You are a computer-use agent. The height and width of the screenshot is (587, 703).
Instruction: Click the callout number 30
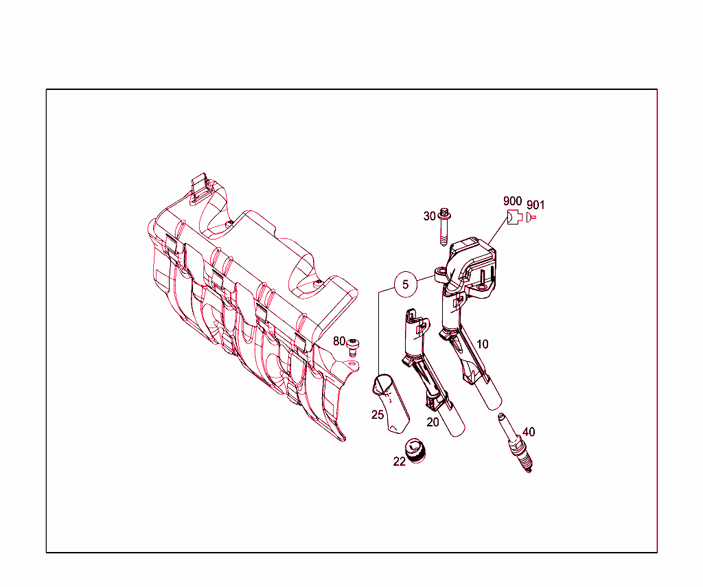click(430, 216)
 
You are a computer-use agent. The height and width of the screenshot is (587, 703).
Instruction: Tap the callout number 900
click(512, 200)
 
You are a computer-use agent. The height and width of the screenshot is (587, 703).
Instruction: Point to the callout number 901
click(535, 205)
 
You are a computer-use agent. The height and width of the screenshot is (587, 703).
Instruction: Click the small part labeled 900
click(513, 218)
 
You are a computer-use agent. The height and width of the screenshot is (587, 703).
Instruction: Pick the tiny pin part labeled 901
click(531, 218)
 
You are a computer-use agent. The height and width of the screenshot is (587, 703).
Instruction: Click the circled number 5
click(406, 284)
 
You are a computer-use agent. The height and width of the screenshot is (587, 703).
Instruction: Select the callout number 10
click(483, 344)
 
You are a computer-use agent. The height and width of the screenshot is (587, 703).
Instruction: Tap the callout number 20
click(433, 422)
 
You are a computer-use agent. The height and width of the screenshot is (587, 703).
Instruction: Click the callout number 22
click(400, 462)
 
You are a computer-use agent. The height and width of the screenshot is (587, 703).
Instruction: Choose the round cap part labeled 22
click(415, 450)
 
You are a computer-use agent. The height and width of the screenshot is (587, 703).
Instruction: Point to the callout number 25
click(378, 415)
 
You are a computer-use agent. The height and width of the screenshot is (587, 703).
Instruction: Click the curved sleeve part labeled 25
click(391, 405)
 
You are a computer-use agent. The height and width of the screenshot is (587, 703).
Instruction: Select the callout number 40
click(528, 432)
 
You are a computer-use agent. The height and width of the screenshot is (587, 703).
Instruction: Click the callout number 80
click(339, 341)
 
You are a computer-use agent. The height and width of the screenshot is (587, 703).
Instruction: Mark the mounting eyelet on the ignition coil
click(440, 273)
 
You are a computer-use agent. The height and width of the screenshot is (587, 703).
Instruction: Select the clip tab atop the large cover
click(200, 186)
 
